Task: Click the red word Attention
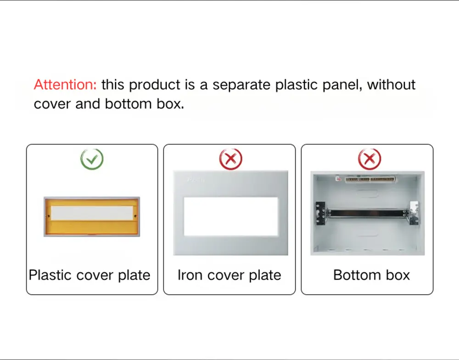pyautogui.click(x=65, y=85)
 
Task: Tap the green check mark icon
pyautogui.click(x=92, y=159)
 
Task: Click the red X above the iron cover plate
pyautogui.click(x=230, y=159)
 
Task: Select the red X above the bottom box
pyautogui.click(x=369, y=159)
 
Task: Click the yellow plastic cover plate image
pyautogui.click(x=92, y=217)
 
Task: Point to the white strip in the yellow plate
pyautogui.click(x=92, y=213)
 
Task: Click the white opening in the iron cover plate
pyautogui.click(x=230, y=216)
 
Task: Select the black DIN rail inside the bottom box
pyautogui.click(x=367, y=213)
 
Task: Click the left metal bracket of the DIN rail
pyautogui.click(x=321, y=213)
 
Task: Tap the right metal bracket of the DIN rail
pyautogui.click(x=414, y=213)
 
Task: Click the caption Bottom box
pyautogui.click(x=371, y=275)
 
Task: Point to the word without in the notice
pyautogui.click(x=392, y=85)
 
